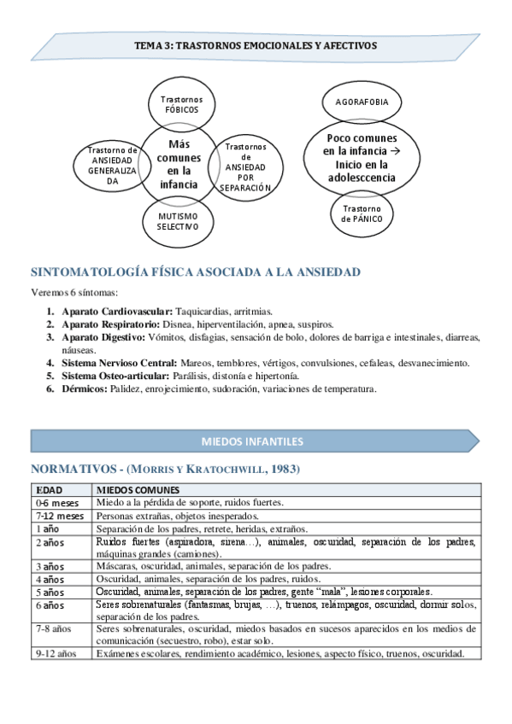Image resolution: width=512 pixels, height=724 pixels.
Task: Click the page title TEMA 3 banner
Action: tap(255, 45)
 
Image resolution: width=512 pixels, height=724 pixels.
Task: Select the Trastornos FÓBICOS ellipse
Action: tap(181, 105)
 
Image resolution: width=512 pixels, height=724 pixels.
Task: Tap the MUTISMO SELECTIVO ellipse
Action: tap(178, 222)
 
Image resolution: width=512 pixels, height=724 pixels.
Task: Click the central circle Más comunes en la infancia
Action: tap(179, 164)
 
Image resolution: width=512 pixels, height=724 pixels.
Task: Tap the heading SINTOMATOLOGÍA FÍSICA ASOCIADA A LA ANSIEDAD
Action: tap(195, 272)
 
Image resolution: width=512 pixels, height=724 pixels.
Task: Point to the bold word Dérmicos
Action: tap(85, 388)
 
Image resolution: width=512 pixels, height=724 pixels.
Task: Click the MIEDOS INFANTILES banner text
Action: tap(251, 441)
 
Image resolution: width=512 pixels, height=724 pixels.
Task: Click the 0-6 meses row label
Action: tap(57, 503)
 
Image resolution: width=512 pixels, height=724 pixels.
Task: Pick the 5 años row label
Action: tap(50, 592)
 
